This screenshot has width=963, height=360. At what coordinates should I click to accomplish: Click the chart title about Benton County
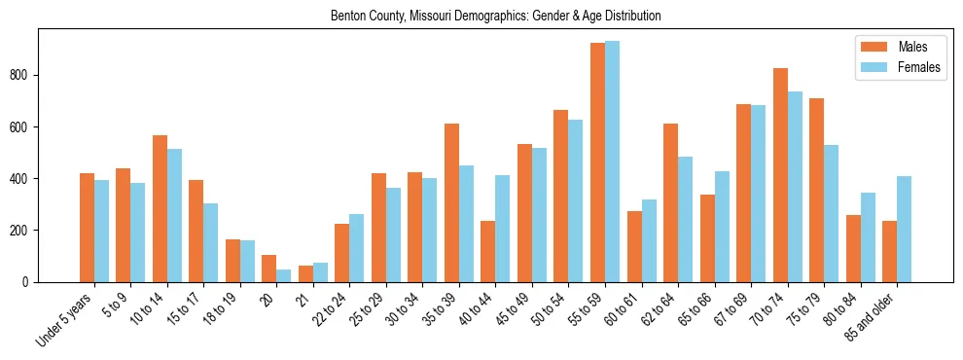tap(495, 16)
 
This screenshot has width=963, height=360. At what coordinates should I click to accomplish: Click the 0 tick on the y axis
tap(29, 282)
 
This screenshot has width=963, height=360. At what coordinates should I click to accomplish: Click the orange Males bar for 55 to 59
tap(597, 162)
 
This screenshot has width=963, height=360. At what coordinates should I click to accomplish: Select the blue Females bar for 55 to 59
tap(612, 162)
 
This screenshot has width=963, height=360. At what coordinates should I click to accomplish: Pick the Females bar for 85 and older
tap(904, 229)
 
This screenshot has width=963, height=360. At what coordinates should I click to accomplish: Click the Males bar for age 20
tap(269, 269)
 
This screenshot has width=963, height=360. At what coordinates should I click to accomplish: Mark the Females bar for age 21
tap(320, 272)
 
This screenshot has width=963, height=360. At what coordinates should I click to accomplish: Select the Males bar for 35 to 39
tap(451, 202)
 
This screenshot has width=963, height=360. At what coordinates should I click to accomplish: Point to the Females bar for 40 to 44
tap(503, 229)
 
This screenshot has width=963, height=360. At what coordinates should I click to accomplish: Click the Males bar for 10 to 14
tap(160, 208)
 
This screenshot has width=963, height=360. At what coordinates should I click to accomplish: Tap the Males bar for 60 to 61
tap(634, 246)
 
